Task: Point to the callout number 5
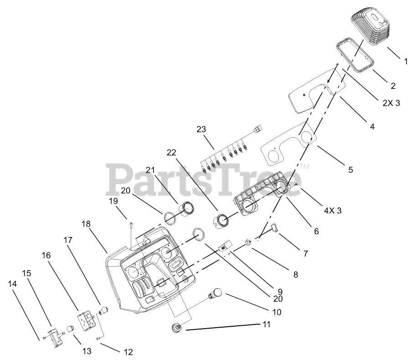pyautogui.click(x=350, y=170)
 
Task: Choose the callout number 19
pyautogui.click(x=113, y=201)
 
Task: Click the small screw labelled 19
pyautogui.click(x=131, y=223)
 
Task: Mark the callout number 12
pyautogui.click(x=128, y=352)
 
